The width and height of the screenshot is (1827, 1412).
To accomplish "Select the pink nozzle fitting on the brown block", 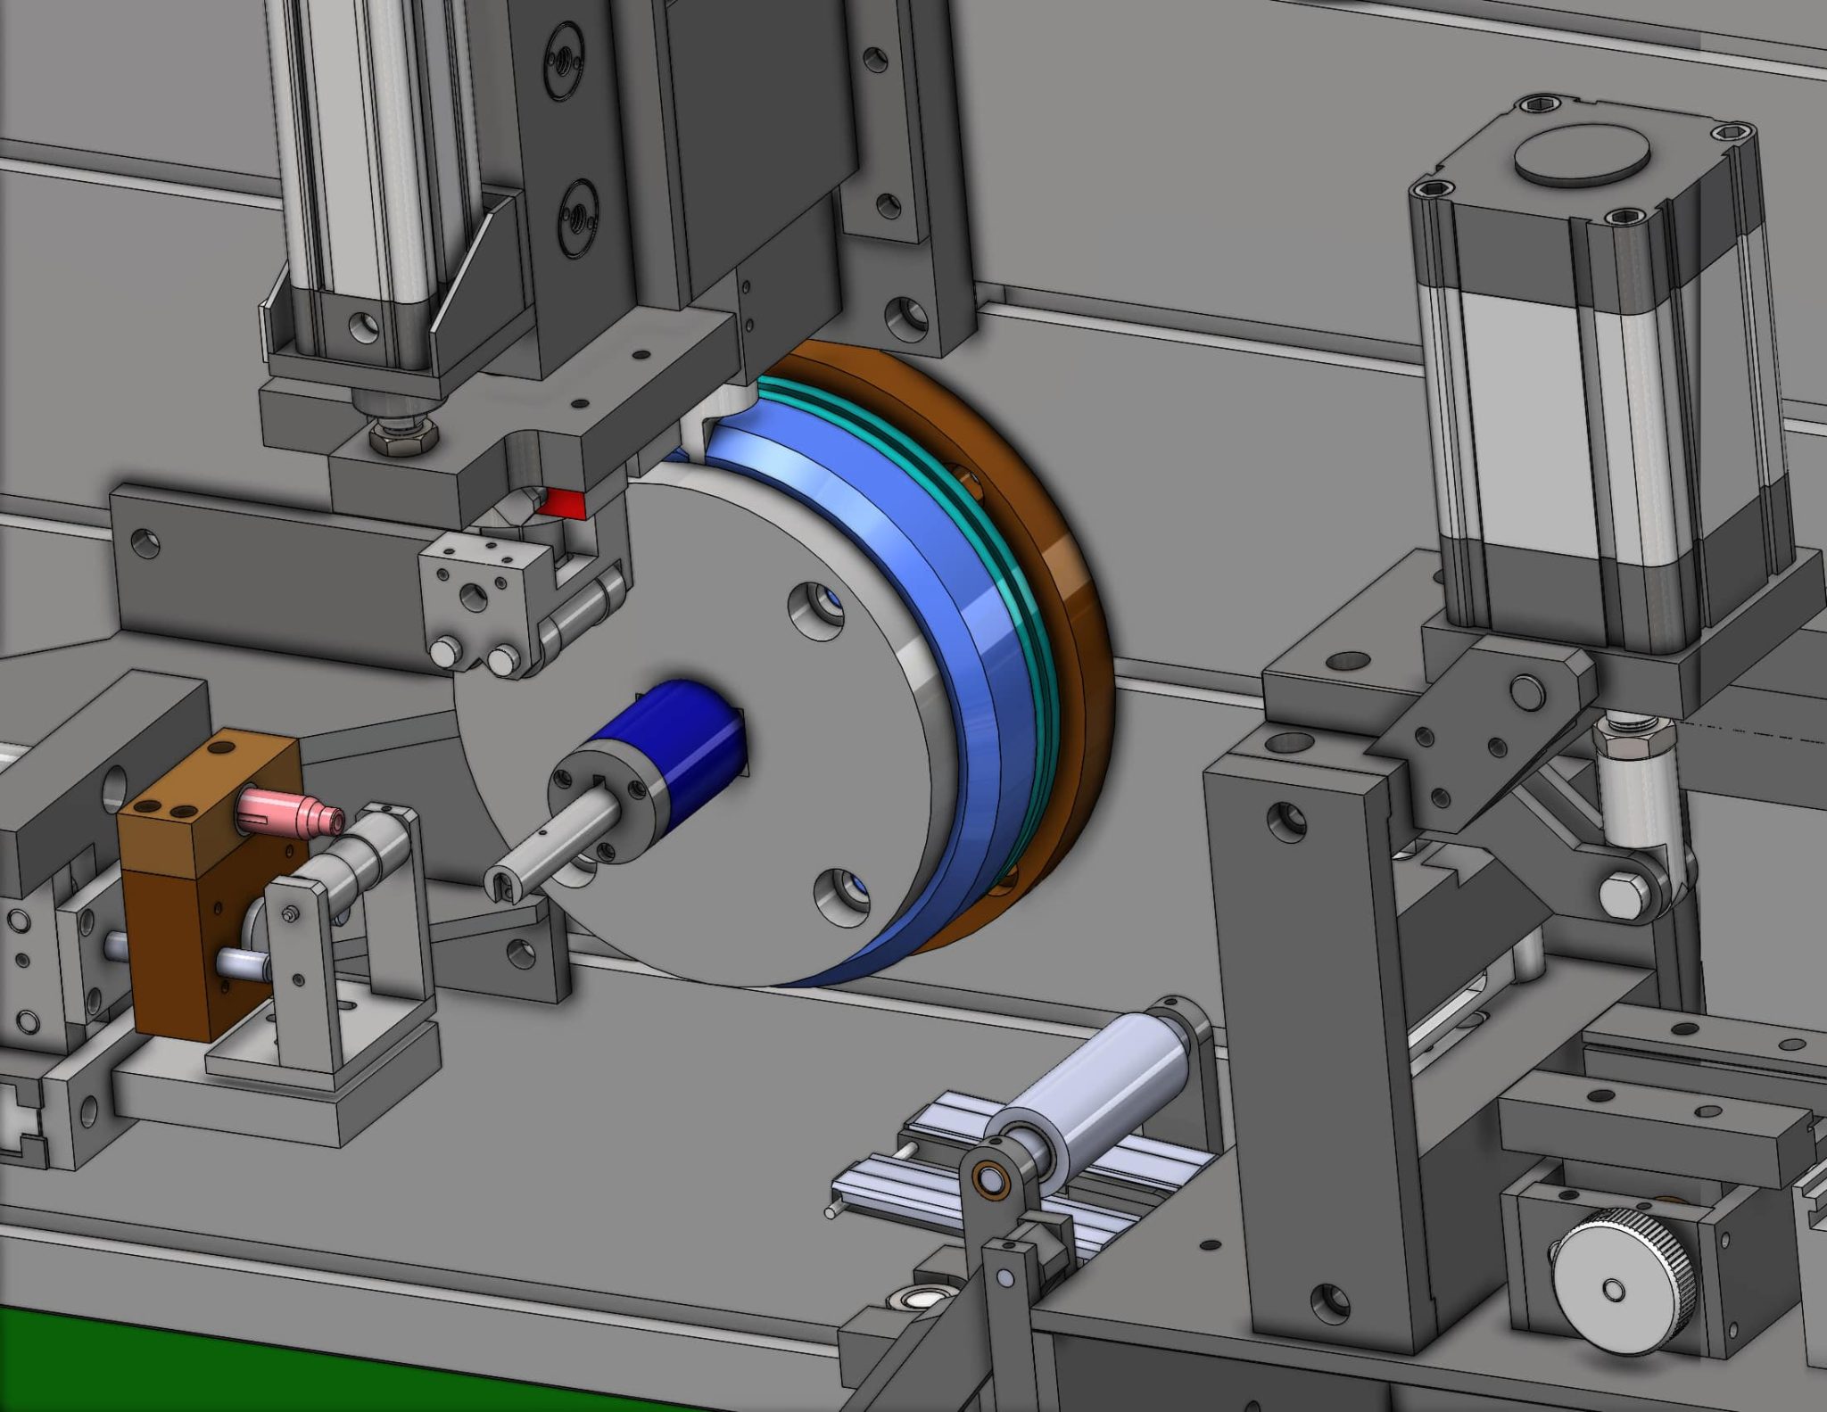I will (294, 810).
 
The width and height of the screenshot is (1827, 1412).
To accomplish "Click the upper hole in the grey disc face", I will (815, 610).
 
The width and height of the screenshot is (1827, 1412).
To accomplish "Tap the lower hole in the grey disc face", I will (841, 896).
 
